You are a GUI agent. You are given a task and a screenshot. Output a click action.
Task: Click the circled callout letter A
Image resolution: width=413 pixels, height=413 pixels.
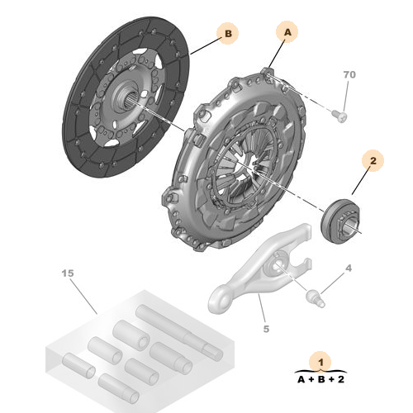click(x=287, y=32)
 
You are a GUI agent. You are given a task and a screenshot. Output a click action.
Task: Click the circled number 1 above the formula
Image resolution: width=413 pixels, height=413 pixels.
click(x=317, y=360)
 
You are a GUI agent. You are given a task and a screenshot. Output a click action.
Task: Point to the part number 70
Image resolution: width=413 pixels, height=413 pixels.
click(x=349, y=75)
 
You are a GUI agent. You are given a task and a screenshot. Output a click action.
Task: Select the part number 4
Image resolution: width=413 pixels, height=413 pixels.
click(x=349, y=268)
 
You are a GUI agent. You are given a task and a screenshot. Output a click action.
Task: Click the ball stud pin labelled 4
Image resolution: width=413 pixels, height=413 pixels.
click(x=316, y=295)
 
